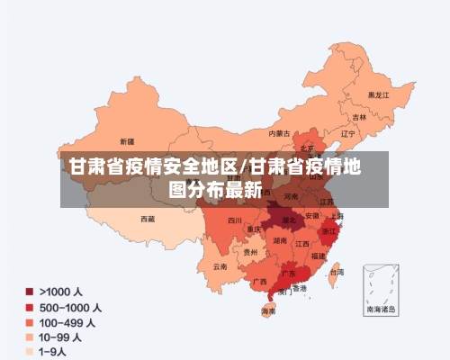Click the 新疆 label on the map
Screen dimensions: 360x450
pos(127,141)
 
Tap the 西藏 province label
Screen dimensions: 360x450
pos(148,219)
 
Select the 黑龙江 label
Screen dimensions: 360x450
pos(378,94)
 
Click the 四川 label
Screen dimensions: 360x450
pos(235,220)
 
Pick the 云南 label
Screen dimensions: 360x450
pos(220,266)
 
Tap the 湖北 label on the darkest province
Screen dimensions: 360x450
pos(288,220)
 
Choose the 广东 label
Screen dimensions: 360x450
pos(290,272)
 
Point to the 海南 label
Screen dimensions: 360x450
pos(268,310)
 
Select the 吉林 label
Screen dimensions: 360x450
pos(359,117)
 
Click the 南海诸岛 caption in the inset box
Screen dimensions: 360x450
pos(380,308)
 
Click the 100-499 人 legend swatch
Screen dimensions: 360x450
pos(29,321)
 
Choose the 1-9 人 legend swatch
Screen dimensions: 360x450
pos(29,351)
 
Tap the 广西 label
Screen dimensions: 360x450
pos(259,282)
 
